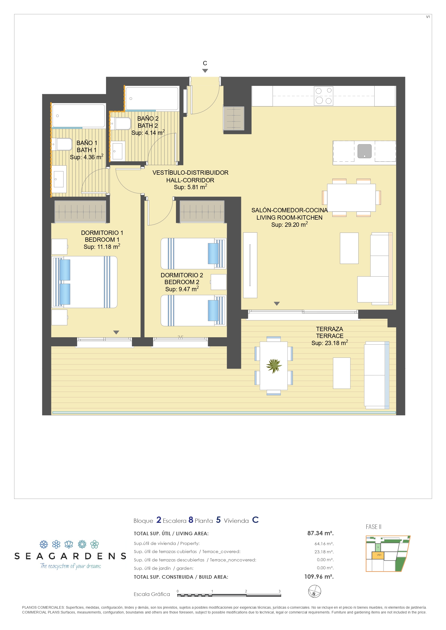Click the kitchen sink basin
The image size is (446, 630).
364,151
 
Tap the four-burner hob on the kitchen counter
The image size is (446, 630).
323,96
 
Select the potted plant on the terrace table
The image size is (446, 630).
274,366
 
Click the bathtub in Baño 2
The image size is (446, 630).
152,99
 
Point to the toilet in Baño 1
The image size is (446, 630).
62,144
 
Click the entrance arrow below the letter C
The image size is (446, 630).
205,71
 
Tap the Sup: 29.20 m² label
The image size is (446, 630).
289,224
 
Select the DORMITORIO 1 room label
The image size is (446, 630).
102,233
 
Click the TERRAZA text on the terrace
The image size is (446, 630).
330,329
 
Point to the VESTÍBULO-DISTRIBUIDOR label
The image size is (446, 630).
190,173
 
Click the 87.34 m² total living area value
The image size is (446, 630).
320,533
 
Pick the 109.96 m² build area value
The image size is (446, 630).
319,576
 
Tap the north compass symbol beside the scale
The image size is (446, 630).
314,591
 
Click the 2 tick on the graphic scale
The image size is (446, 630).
246,591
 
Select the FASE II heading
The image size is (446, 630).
374,527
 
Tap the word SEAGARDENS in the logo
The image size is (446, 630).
70,556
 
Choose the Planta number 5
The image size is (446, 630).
218,520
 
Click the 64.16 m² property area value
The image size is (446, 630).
324,544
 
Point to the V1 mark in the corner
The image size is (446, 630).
428,17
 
